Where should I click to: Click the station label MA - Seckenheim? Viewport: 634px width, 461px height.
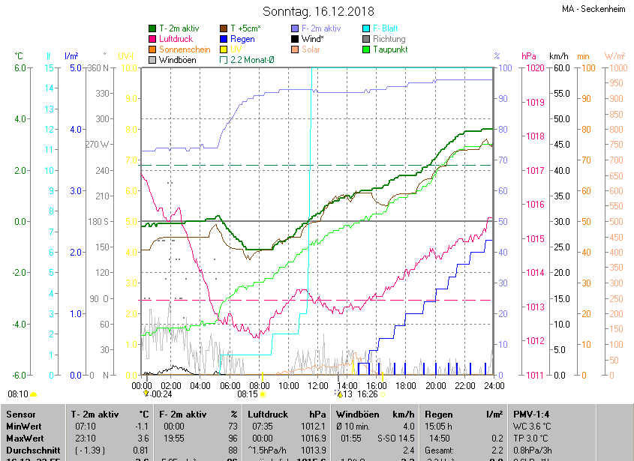(x=594, y=10)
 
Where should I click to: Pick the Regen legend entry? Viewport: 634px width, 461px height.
(x=242, y=38)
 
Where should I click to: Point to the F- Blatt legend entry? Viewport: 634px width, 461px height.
(x=385, y=28)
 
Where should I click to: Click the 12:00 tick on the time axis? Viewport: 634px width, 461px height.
(x=318, y=385)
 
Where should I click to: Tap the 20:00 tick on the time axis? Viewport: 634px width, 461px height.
(x=435, y=385)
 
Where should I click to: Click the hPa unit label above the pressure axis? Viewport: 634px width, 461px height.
(x=529, y=56)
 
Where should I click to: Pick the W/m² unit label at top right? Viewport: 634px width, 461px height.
(x=614, y=56)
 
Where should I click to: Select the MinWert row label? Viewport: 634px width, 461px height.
(x=24, y=425)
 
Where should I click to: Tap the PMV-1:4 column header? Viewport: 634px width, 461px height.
(x=532, y=414)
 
